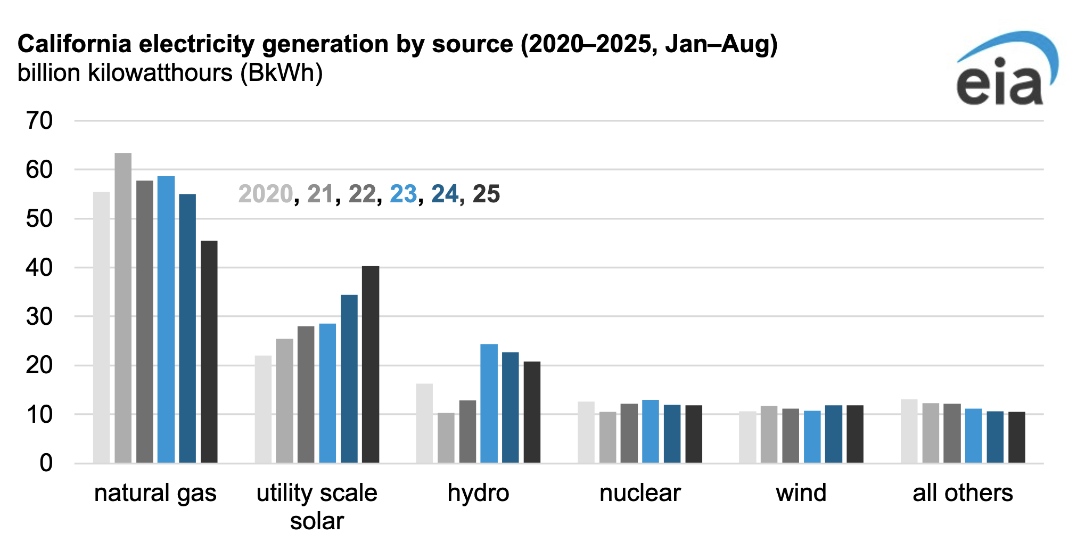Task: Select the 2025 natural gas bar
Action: (209, 351)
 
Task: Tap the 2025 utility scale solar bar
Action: (371, 364)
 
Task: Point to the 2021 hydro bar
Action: (446, 438)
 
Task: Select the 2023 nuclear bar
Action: (650, 431)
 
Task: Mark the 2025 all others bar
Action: (1016, 437)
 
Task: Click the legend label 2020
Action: (265, 194)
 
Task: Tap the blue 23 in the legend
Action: (403, 194)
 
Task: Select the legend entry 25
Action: (486, 194)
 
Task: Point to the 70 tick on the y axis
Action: (39, 121)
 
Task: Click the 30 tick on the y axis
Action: (39, 317)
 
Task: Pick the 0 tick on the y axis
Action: (46, 463)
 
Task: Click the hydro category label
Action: (478, 493)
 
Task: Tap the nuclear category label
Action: (640, 493)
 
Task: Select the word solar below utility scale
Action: (317, 521)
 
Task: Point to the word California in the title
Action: (75, 44)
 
